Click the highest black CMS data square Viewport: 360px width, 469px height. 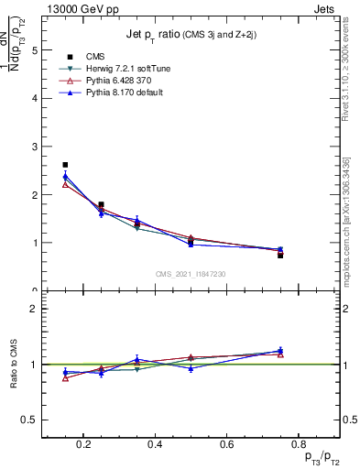coord(65,165)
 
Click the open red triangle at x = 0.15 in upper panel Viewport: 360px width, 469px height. coord(65,184)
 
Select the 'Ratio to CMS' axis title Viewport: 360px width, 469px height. coord(14,365)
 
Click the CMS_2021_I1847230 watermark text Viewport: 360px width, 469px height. coord(191,274)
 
